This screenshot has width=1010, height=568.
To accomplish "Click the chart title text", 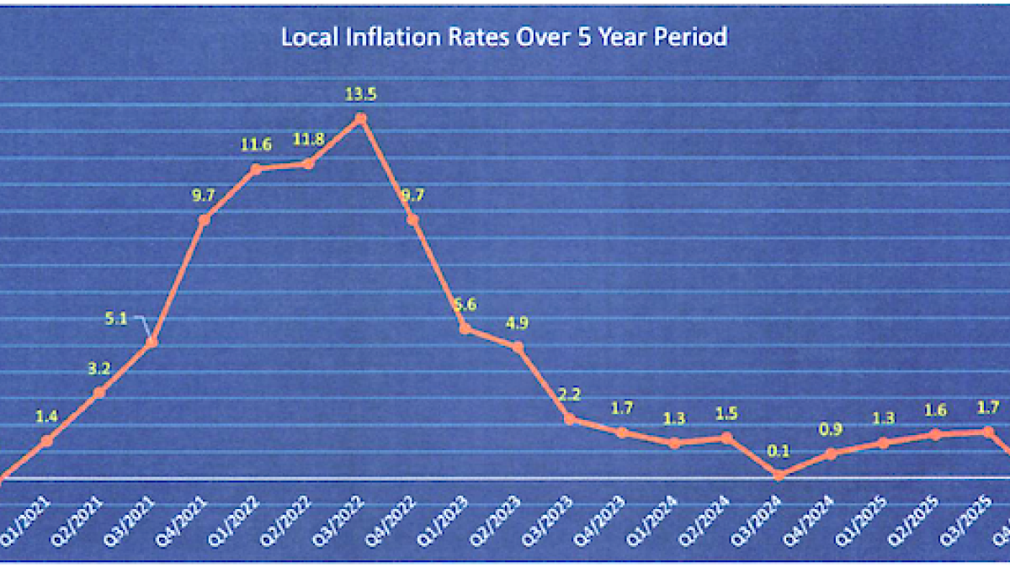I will click(503, 38).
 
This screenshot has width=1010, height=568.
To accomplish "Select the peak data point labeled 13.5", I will click(361, 119).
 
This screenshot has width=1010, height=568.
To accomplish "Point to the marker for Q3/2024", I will click(779, 475).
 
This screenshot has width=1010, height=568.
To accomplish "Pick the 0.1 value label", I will click(779, 451).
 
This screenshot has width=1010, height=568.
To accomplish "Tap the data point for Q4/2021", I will click(205, 220).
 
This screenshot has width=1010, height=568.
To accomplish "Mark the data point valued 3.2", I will click(99, 392).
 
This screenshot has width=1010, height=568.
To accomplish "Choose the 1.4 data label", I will click(47, 416).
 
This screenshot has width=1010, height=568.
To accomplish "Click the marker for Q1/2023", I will click(465, 328).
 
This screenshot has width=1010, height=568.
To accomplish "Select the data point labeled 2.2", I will click(570, 418).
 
